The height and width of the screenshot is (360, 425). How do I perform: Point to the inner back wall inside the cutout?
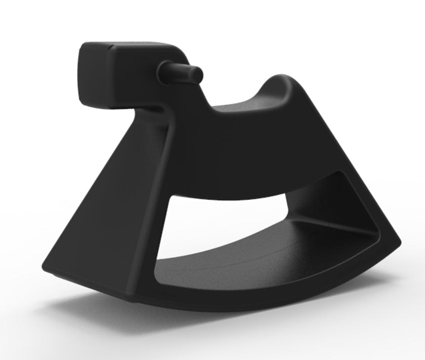324,203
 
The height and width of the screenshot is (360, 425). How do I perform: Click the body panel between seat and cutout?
243,157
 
